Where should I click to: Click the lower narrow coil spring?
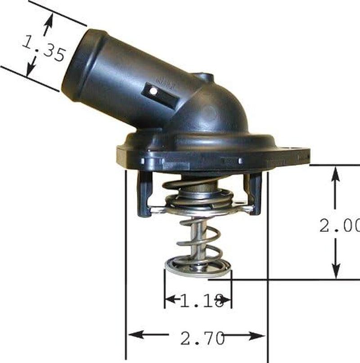(198, 241)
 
